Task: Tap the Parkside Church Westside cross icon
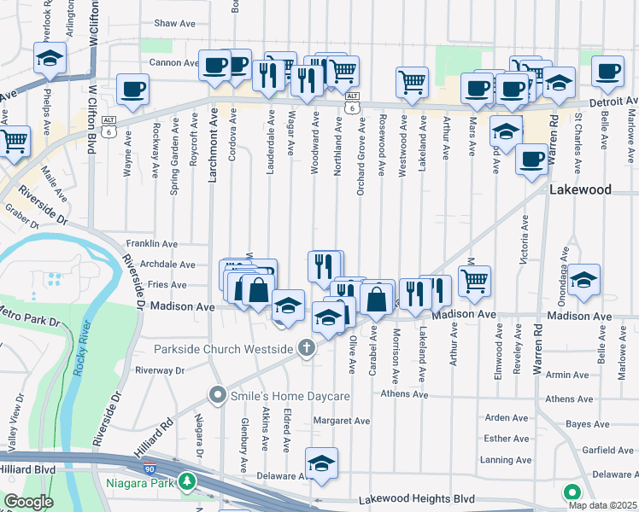click(307, 348)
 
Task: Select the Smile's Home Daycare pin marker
click(218, 395)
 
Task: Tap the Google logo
click(29, 501)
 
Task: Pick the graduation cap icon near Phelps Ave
click(50, 58)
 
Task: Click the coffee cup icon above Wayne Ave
click(132, 90)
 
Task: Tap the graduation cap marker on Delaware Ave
click(321, 464)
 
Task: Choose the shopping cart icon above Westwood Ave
click(412, 83)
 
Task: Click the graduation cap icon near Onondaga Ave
click(583, 280)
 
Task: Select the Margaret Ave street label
click(341, 421)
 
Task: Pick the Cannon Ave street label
click(173, 62)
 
